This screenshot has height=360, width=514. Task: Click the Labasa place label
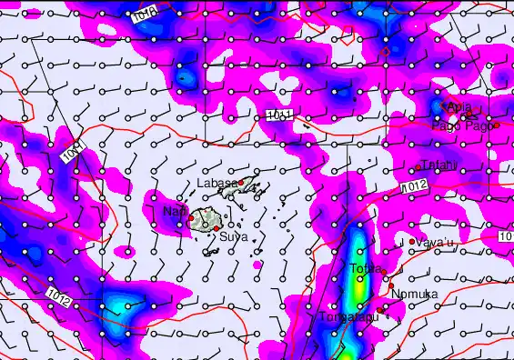tap(217, 183)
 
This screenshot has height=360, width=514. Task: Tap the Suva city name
tap(234, 236)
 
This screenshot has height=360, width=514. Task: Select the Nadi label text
tap(173, 212)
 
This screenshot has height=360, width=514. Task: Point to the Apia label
tap(460, 106)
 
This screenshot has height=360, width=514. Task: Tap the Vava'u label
tap(437, 243)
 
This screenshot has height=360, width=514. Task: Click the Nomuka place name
tap(414, 294)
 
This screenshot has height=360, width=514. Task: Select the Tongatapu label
tap(344, 317)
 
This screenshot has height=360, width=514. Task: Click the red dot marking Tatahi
tap(418, 166)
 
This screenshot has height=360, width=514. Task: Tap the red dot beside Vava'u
tap(412, 241)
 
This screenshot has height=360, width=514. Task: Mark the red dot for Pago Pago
tap(497, 125)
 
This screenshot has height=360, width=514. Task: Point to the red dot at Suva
tap(218, 226)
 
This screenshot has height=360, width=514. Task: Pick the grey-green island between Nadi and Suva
tap(205, 218)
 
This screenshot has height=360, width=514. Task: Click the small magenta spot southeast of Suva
tap(257, 265)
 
